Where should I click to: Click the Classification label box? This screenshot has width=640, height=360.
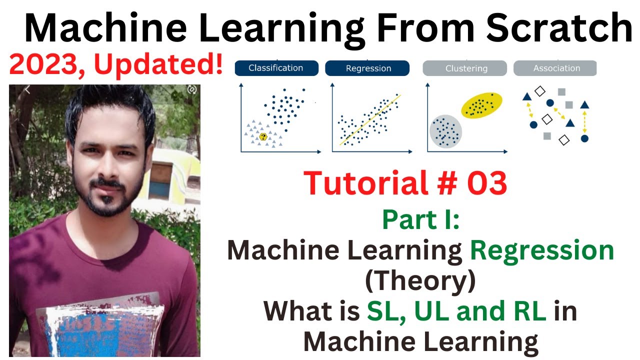(x=276, y=68)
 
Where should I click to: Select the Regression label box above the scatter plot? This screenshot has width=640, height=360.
(x=367, y=68)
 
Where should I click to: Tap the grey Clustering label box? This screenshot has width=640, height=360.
(x=465, y=68)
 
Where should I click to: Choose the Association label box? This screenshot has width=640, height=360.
(x=555, y=68)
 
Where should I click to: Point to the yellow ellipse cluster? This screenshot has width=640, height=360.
(x=480, y=105)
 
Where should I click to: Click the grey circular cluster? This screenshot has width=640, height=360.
(x=445, y=131)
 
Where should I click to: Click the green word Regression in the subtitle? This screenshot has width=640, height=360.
(x=542, y=250)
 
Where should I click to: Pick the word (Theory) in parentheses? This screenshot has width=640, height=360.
(x=420, y=281)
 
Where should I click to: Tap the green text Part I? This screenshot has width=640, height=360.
(x=421, y=220)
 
